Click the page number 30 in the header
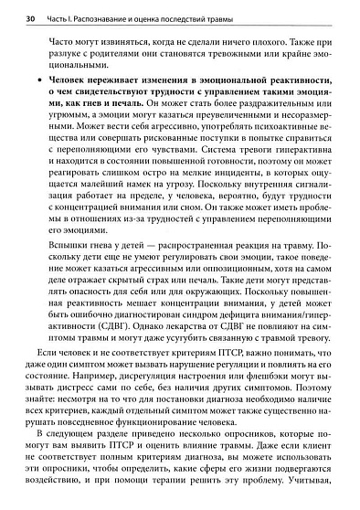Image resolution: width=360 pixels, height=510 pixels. tap(30, 18)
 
